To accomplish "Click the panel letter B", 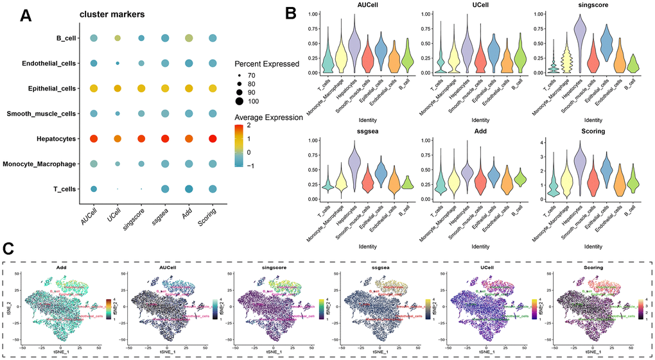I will tap(290, 12).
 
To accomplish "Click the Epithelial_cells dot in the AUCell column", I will tap(94, 89).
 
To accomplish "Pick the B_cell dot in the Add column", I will tap(188, 39).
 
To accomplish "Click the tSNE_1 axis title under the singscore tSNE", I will tap(270, 351).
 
